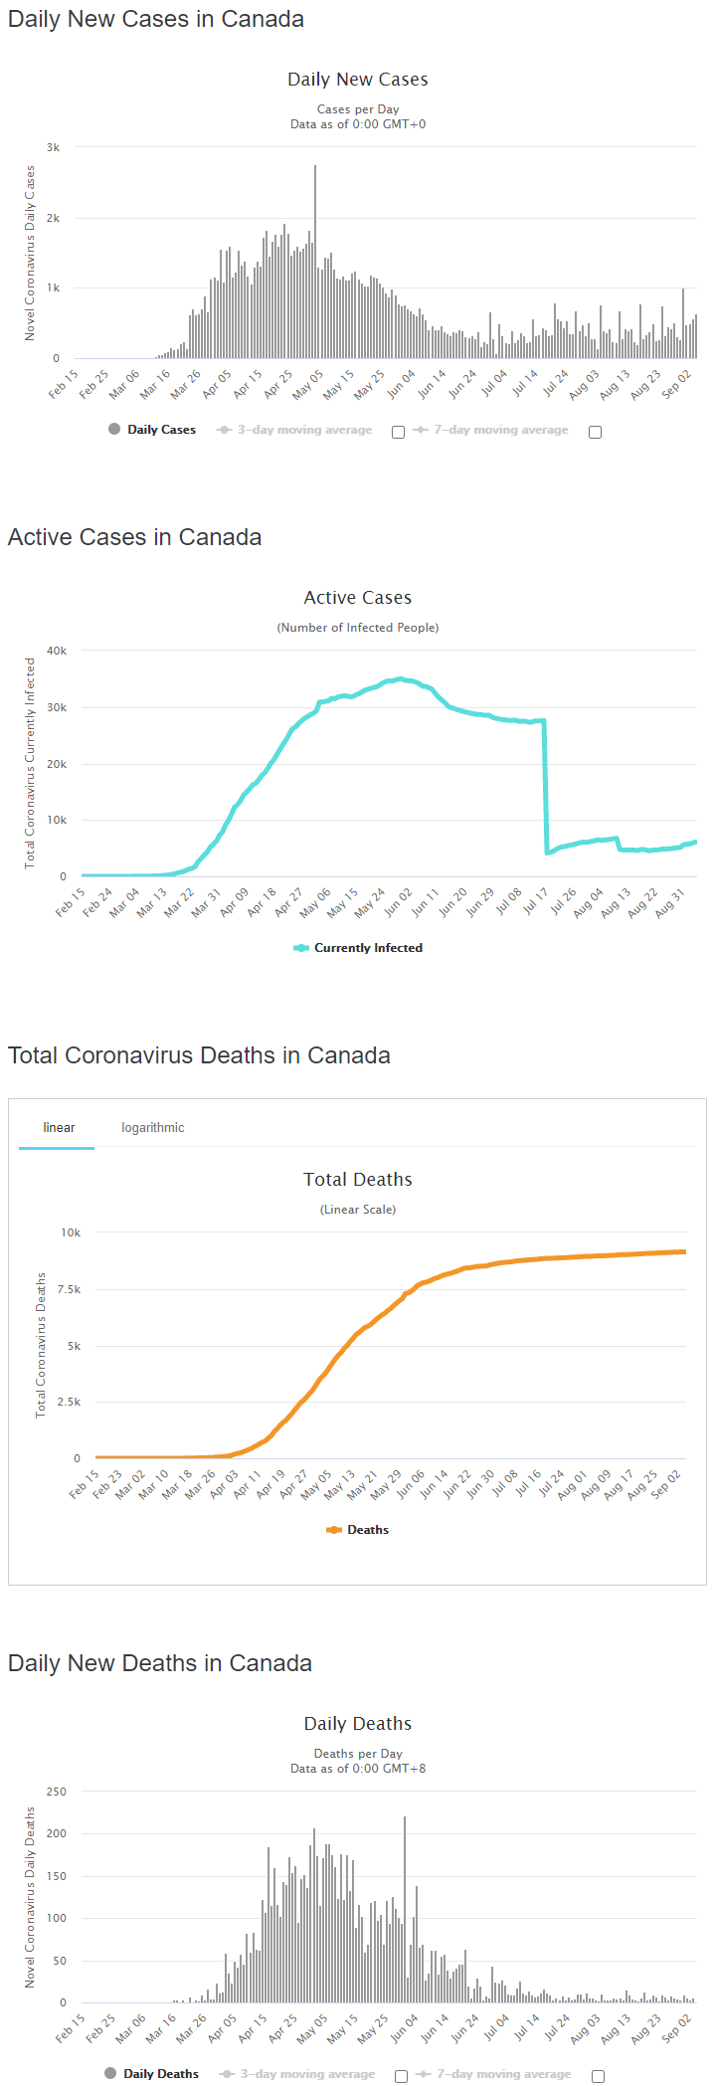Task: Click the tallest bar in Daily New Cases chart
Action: (315, 264)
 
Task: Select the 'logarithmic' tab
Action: (152, 1127)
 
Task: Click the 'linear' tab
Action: (59, 1127)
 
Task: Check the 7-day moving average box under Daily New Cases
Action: (595, 432)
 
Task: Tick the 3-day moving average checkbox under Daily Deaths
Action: (401, 2076)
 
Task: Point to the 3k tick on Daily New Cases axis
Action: (53, 147)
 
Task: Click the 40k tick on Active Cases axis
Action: (57, 651)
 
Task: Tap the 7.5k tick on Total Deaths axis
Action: (69, 1289)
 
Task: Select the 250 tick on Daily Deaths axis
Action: (57, 1792)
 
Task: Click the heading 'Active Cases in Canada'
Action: (134, 537)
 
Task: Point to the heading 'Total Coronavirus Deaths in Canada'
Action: (199, 1055)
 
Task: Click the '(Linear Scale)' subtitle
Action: (358, 1210)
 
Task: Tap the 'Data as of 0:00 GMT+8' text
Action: (358, 1769)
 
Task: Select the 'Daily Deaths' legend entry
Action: (160, 2074)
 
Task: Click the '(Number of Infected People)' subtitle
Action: (358, 628)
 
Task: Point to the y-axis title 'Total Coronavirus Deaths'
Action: (41, 1345)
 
